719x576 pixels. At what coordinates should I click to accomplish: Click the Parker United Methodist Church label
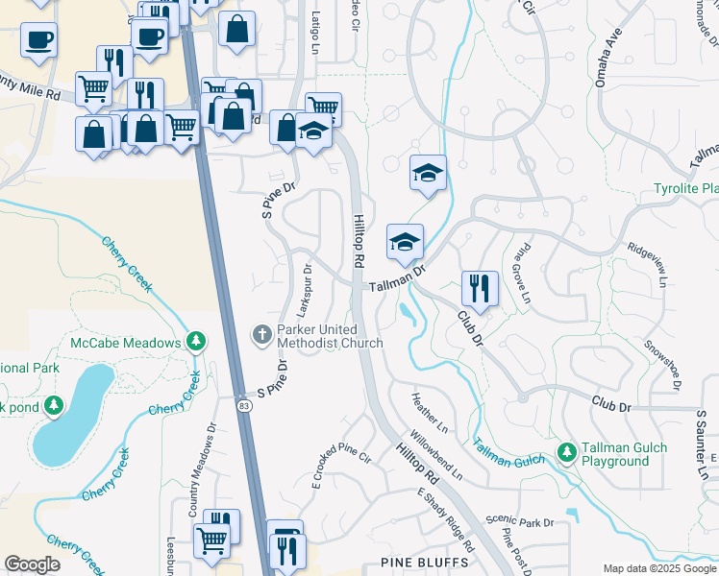[x=329, y=336]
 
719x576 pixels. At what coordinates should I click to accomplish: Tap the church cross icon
[x=260, y=335]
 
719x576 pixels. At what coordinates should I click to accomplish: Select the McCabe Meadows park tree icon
[x=196, y=342]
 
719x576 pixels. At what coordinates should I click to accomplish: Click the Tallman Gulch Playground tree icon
[x=567, y=450]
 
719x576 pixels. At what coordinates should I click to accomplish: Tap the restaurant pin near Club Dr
[x=479, y=287]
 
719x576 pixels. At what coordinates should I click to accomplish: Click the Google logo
[x=32, y=564]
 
